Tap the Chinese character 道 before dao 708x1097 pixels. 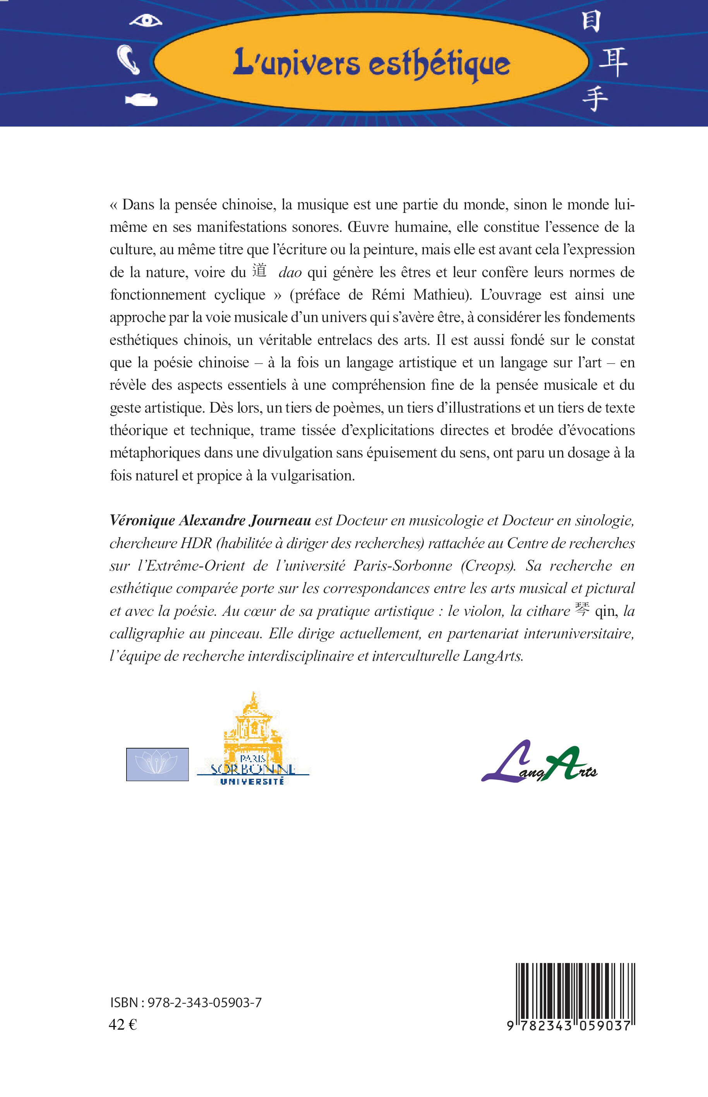(x=260, y=271)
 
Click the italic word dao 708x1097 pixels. (x=290, y=273)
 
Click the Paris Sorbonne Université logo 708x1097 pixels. (x=252, y=740)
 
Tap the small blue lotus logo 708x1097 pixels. (x=157, y=764)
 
